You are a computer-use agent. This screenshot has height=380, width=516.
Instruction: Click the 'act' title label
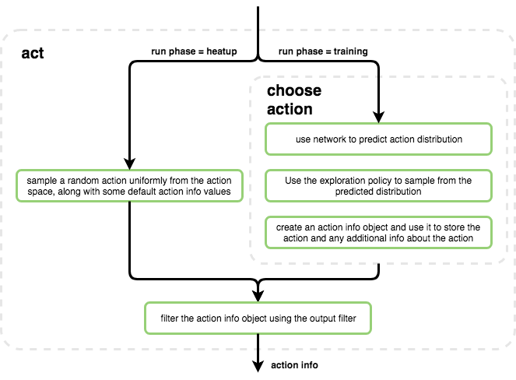[32, 53]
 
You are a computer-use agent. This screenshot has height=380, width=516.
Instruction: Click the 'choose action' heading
[293, 100]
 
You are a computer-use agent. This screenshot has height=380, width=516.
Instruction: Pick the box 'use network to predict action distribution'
[379, 139]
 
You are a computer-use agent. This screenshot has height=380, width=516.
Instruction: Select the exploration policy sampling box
[379, 186]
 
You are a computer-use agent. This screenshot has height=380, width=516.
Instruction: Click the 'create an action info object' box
[379, 232]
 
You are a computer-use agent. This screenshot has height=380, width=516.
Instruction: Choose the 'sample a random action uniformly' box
[130, 186]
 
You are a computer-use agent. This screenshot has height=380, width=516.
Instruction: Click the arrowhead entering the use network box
[379, 118]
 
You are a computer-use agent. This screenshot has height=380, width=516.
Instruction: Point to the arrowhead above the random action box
[130, 164]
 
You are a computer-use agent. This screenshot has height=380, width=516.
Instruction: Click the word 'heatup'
[220, 52]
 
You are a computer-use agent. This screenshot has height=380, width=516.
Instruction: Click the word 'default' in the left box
[153, 192]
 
